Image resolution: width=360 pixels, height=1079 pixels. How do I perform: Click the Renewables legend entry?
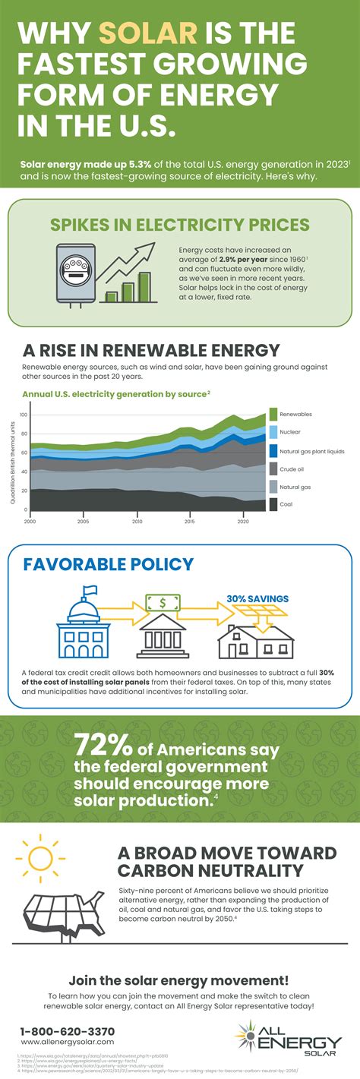[295, 414]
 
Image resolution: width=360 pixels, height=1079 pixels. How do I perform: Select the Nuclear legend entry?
[290, 431]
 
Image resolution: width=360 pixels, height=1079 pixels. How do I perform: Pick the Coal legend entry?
[286, 503]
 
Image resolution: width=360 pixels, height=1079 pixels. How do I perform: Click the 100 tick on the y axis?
[23, 415]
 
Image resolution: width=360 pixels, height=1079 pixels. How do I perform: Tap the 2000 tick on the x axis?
[30, 522]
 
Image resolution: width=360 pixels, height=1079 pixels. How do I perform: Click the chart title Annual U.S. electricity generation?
[114, 394]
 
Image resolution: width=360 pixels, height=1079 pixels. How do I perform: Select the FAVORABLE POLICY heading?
[98, 565]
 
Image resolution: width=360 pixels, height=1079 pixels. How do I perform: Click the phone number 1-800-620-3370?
[68, 1031]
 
